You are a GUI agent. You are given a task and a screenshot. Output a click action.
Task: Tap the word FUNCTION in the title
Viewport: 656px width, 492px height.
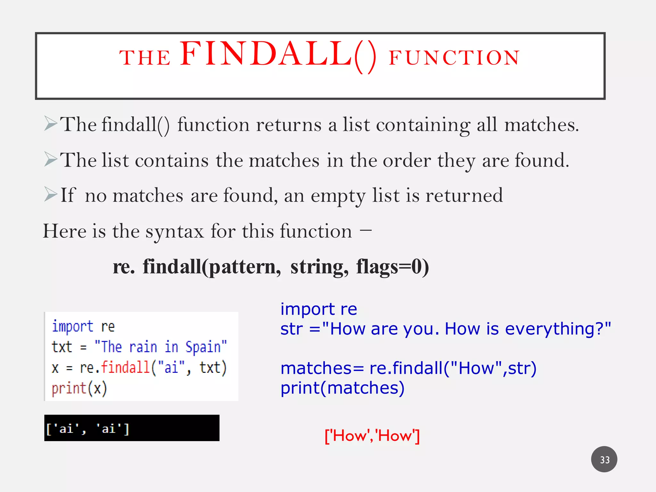pyautogui.click(x=454, y=58)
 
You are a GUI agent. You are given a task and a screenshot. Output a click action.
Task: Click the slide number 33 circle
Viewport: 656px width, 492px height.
pyautogui.click(x=604, y=459)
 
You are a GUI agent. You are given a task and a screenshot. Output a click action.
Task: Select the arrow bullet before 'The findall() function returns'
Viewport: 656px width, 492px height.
pyautogui.click(x=51, y=124)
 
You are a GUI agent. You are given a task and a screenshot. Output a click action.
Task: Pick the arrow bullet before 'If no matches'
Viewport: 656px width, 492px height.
pyautogui.click(x=51, y=194)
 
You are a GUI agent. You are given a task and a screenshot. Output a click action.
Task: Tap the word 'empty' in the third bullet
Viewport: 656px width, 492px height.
pyautogui.click(x=338, y=196)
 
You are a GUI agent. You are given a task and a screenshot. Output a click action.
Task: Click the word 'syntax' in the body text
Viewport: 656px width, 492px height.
pyautogui.click(x=175, y=232)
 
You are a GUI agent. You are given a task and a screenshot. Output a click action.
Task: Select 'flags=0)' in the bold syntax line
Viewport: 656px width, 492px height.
pyautogui.click(x=392, y=267)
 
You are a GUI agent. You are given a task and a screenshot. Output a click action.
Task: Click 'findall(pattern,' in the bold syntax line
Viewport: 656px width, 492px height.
pyautogui.click(x=212, y=267)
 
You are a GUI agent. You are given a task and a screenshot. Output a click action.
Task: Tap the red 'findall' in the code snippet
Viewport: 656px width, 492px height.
pyautogui.click(x=125, y=367)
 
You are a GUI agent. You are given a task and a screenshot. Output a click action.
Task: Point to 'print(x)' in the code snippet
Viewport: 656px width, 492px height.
pyautogui.click(x=79, y=388)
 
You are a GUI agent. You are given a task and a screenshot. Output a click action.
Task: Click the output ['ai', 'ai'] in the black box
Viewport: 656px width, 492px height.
pyautogui.click(x=88, y=429)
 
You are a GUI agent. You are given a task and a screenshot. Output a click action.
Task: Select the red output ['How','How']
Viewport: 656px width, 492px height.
pyautogui.click(x=372, y=436)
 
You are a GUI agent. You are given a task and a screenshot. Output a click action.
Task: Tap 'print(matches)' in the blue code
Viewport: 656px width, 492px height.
pyautogui.click(x=342, y=388)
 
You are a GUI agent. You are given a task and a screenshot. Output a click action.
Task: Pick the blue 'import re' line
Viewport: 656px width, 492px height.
pyautogui.click(x=319, y=309)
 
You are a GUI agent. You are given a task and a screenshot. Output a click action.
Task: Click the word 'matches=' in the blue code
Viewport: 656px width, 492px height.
pyautogui.click(x=322, y=368)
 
